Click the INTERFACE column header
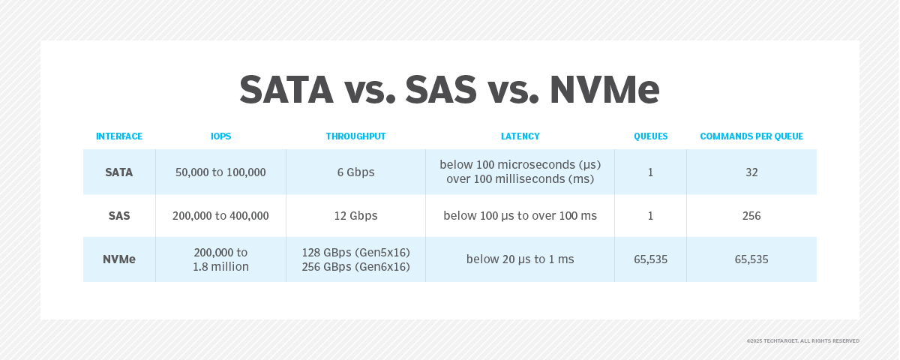(119, 136)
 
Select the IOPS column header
(220, 136)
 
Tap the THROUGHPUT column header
(355, 136)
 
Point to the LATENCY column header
(520, 136)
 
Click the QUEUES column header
(650, 136)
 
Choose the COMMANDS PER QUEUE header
(751, 136)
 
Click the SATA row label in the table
(119, 172)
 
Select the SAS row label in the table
(119, 216)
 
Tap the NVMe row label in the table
(119, 259)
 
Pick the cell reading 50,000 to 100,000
(220, 172)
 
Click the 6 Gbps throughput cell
(355, 172)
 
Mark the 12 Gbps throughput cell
(355, 216)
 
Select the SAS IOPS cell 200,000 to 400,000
(220, 216)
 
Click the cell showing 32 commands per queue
(751, 172)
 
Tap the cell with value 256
(751, 216)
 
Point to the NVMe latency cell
(520, 259)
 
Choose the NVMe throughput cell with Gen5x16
(355, 252)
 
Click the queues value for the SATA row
(650, 172)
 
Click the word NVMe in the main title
(604, 89)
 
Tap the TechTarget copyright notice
(802, 340)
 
